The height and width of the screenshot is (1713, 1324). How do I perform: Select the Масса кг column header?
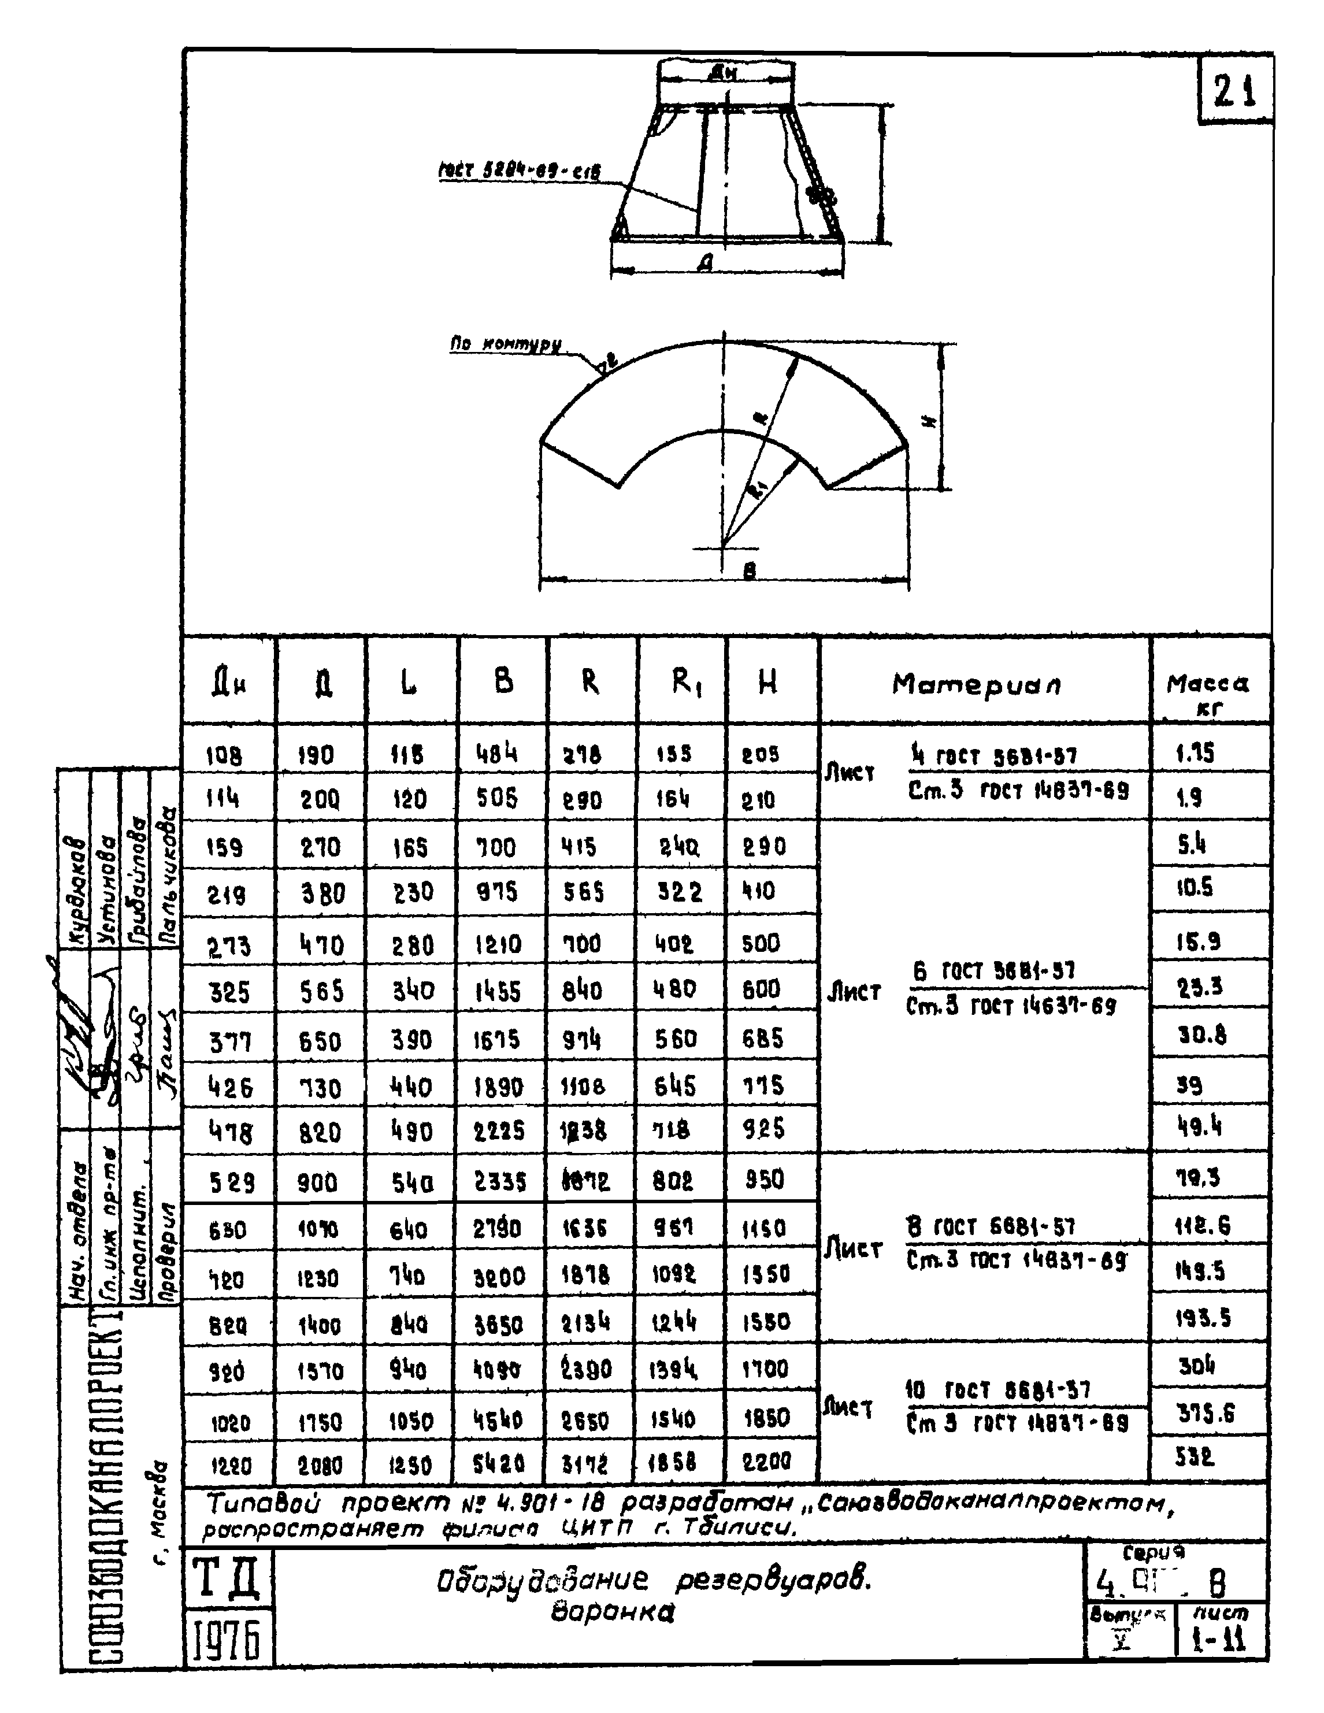pos(1208,694)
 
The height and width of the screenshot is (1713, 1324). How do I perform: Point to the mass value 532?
pos(1195,1458)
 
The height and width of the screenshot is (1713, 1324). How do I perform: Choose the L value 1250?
pos(410,1464)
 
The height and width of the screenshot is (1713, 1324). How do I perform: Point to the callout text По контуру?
pos(505,344)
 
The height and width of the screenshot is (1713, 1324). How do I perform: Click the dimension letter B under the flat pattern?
pos(749,571)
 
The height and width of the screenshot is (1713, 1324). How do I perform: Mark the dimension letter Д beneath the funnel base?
pos(706,265)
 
